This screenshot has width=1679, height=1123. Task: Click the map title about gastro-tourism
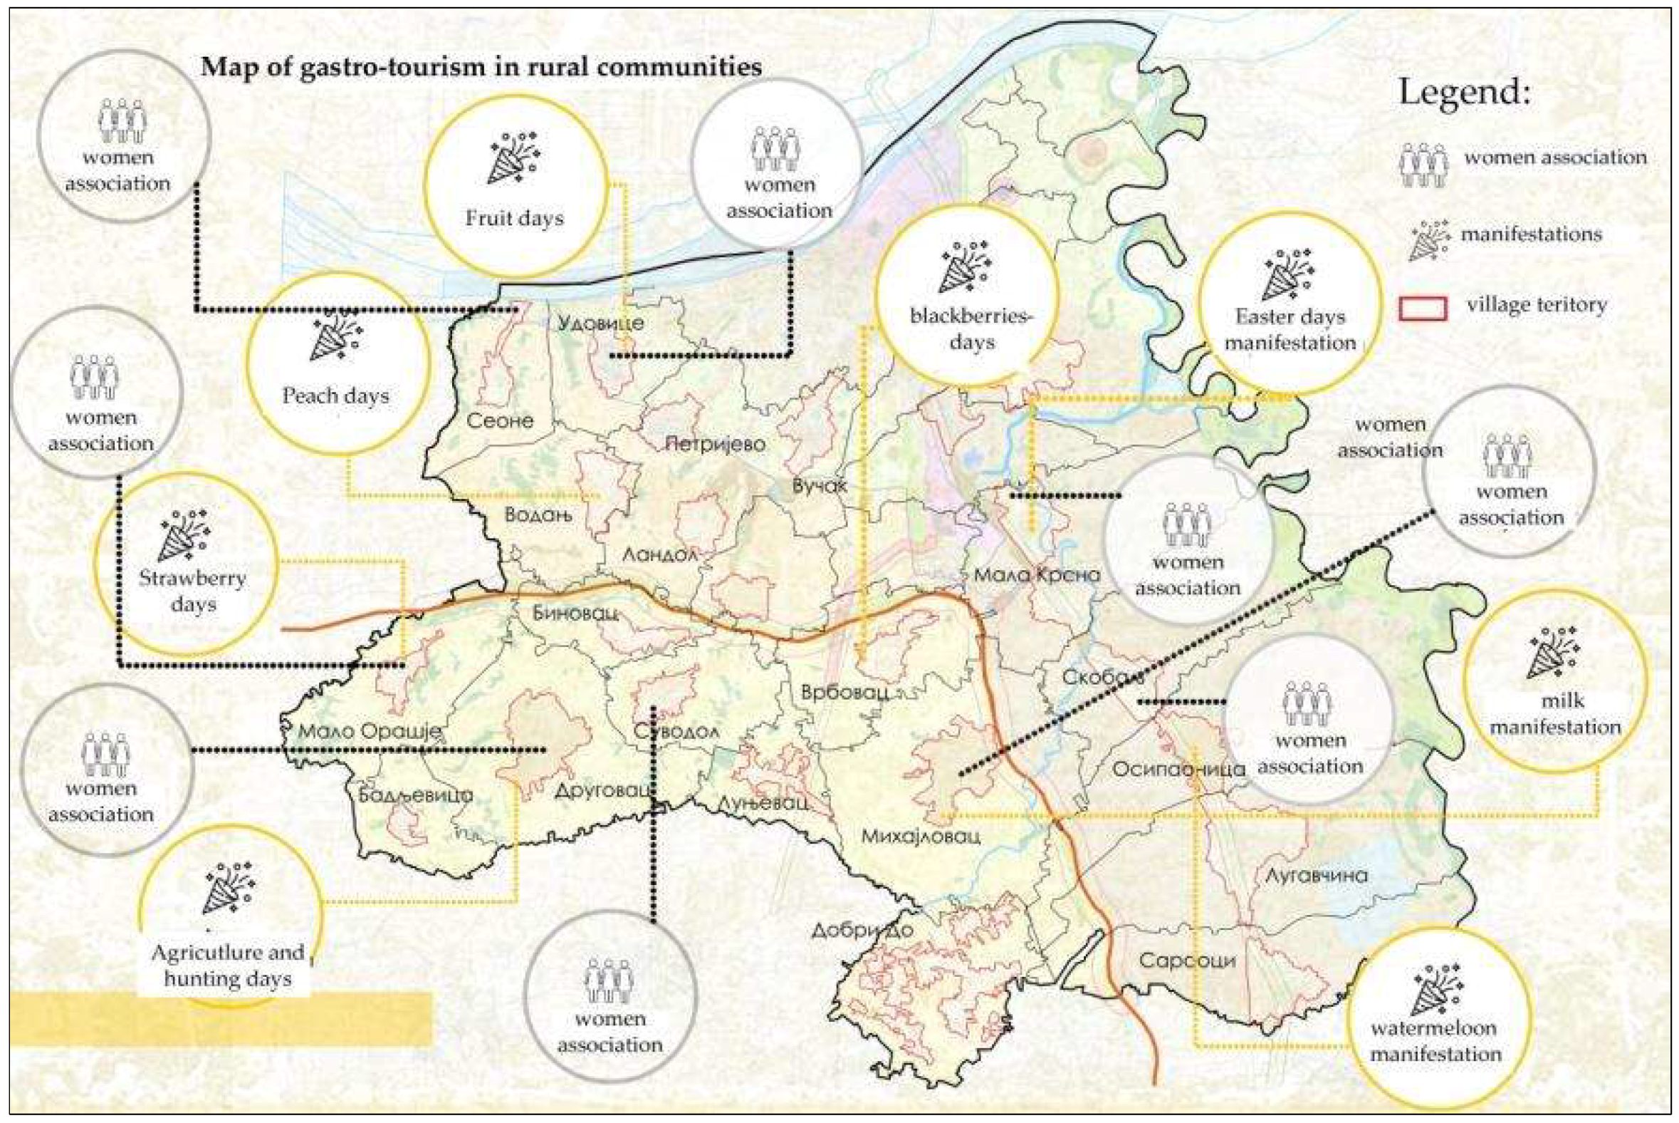(481, 66)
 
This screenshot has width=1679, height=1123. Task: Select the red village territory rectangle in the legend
(1423, 308)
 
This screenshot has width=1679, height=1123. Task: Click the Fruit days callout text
(514, 218)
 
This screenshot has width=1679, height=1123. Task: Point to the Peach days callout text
(335, 395)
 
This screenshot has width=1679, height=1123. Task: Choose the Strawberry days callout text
(192, 591)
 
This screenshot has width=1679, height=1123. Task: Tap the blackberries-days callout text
(971, 328)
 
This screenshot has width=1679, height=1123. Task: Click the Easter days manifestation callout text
(1290, 329)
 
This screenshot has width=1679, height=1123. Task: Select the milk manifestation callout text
(1554, 714)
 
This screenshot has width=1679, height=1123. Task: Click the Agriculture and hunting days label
(228, 966)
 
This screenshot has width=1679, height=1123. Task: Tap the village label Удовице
(600, 323)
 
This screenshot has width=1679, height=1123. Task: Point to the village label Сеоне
(500, 420)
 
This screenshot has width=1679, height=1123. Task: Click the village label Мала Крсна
(1036, 574)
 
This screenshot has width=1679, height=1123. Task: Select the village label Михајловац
(921, 836)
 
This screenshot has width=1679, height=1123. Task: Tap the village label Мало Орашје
(370, 732)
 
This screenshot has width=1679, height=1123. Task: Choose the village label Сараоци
(1187, 961)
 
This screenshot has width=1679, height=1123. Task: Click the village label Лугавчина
(1316, 875)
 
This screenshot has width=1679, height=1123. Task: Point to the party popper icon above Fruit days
(514, 156)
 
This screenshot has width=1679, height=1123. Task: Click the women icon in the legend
(1423, 165)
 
